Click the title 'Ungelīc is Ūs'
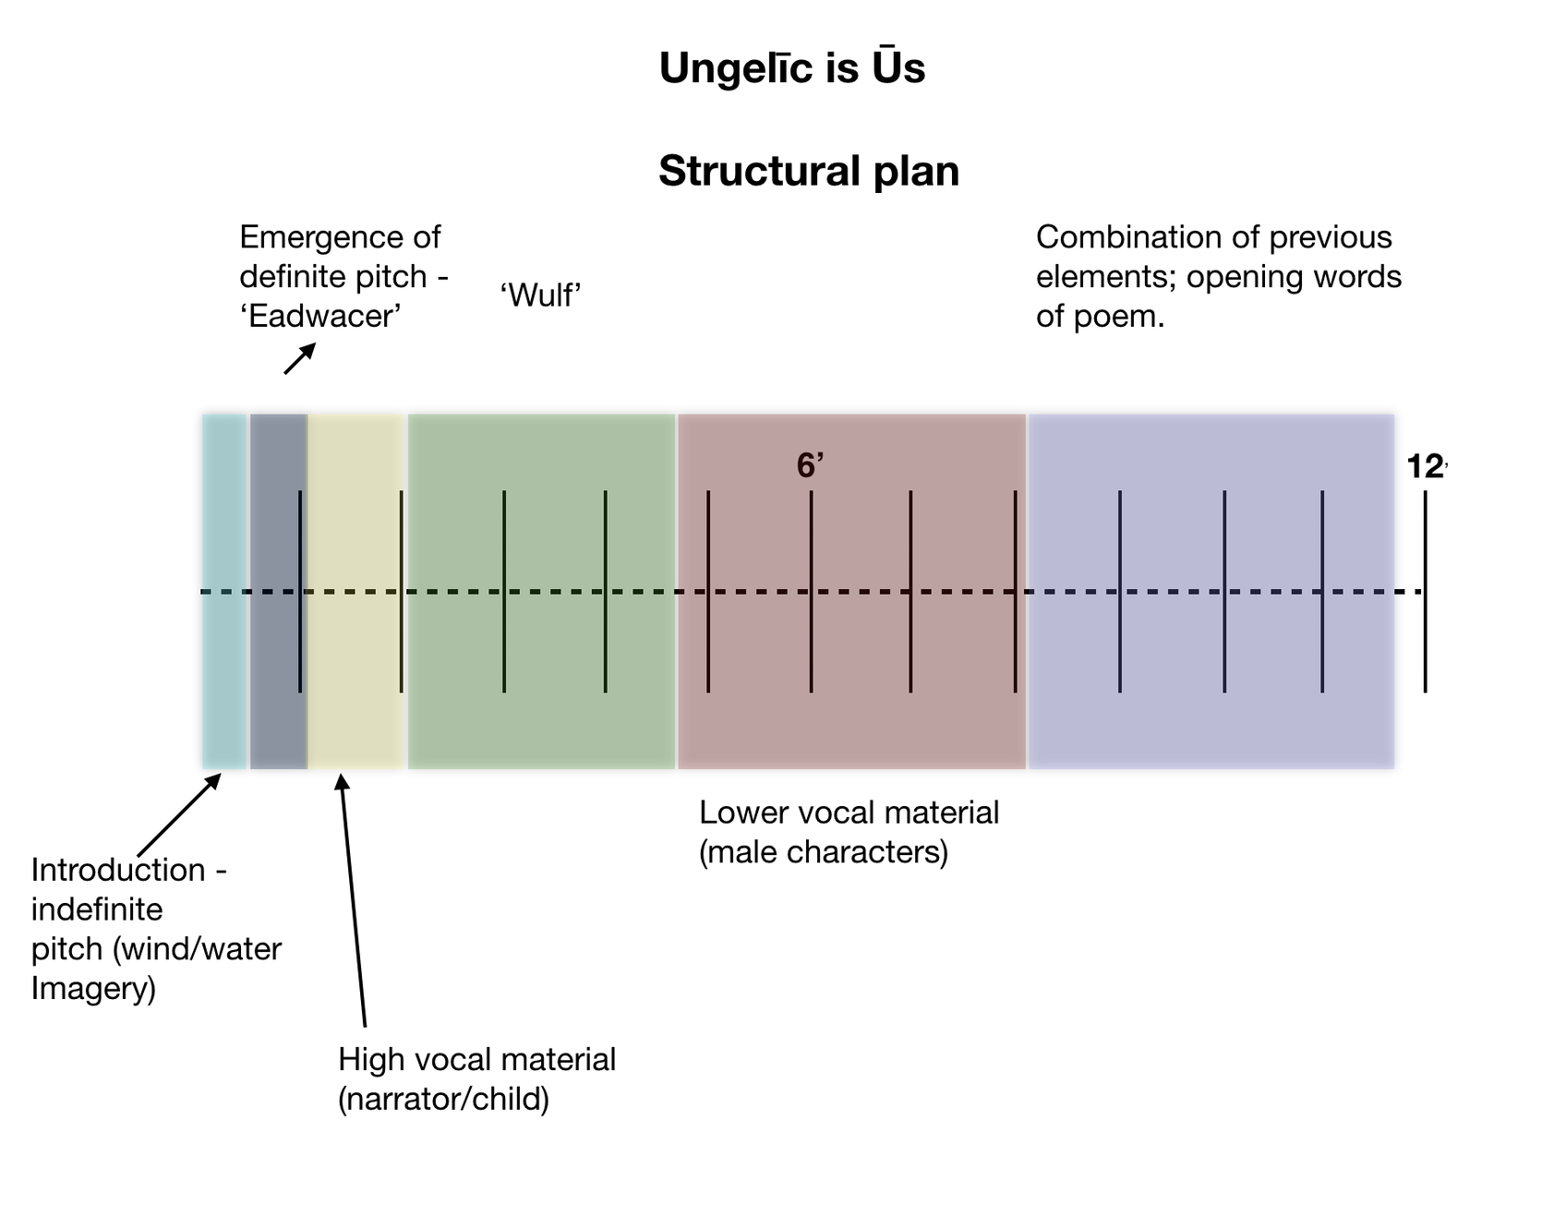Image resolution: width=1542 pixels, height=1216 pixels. [791, 68]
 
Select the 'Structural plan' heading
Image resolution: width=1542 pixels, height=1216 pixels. [809, 172]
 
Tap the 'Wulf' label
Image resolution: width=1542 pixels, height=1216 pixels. [540, 295]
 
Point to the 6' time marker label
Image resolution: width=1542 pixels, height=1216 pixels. [810, 466]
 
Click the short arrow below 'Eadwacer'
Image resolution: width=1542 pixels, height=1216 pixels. [299, 359]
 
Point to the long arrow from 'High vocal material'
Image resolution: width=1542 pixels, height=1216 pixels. [354, 900]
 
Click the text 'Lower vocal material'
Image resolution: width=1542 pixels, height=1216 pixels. [849, 813]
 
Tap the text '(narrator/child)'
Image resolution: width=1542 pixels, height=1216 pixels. [443, 1100]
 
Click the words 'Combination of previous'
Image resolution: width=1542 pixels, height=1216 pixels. [1213, 237]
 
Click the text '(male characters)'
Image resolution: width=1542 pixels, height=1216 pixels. [823, 852]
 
